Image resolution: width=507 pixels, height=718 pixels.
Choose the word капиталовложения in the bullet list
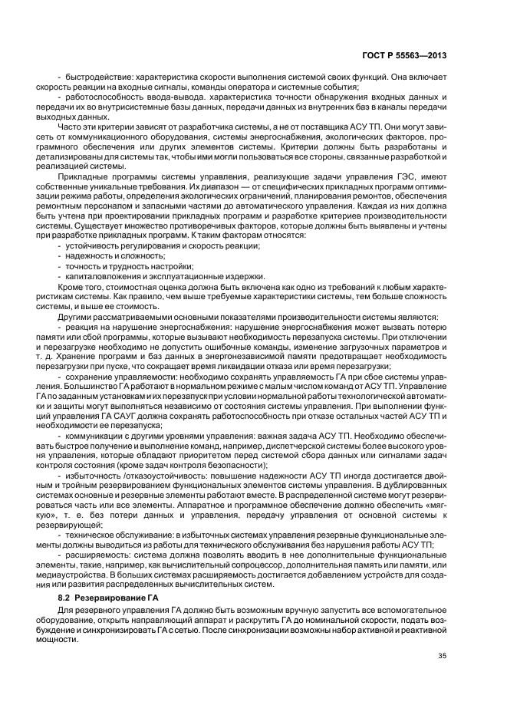tap(103, 276)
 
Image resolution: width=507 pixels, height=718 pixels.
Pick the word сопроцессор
tap(267, 565)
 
